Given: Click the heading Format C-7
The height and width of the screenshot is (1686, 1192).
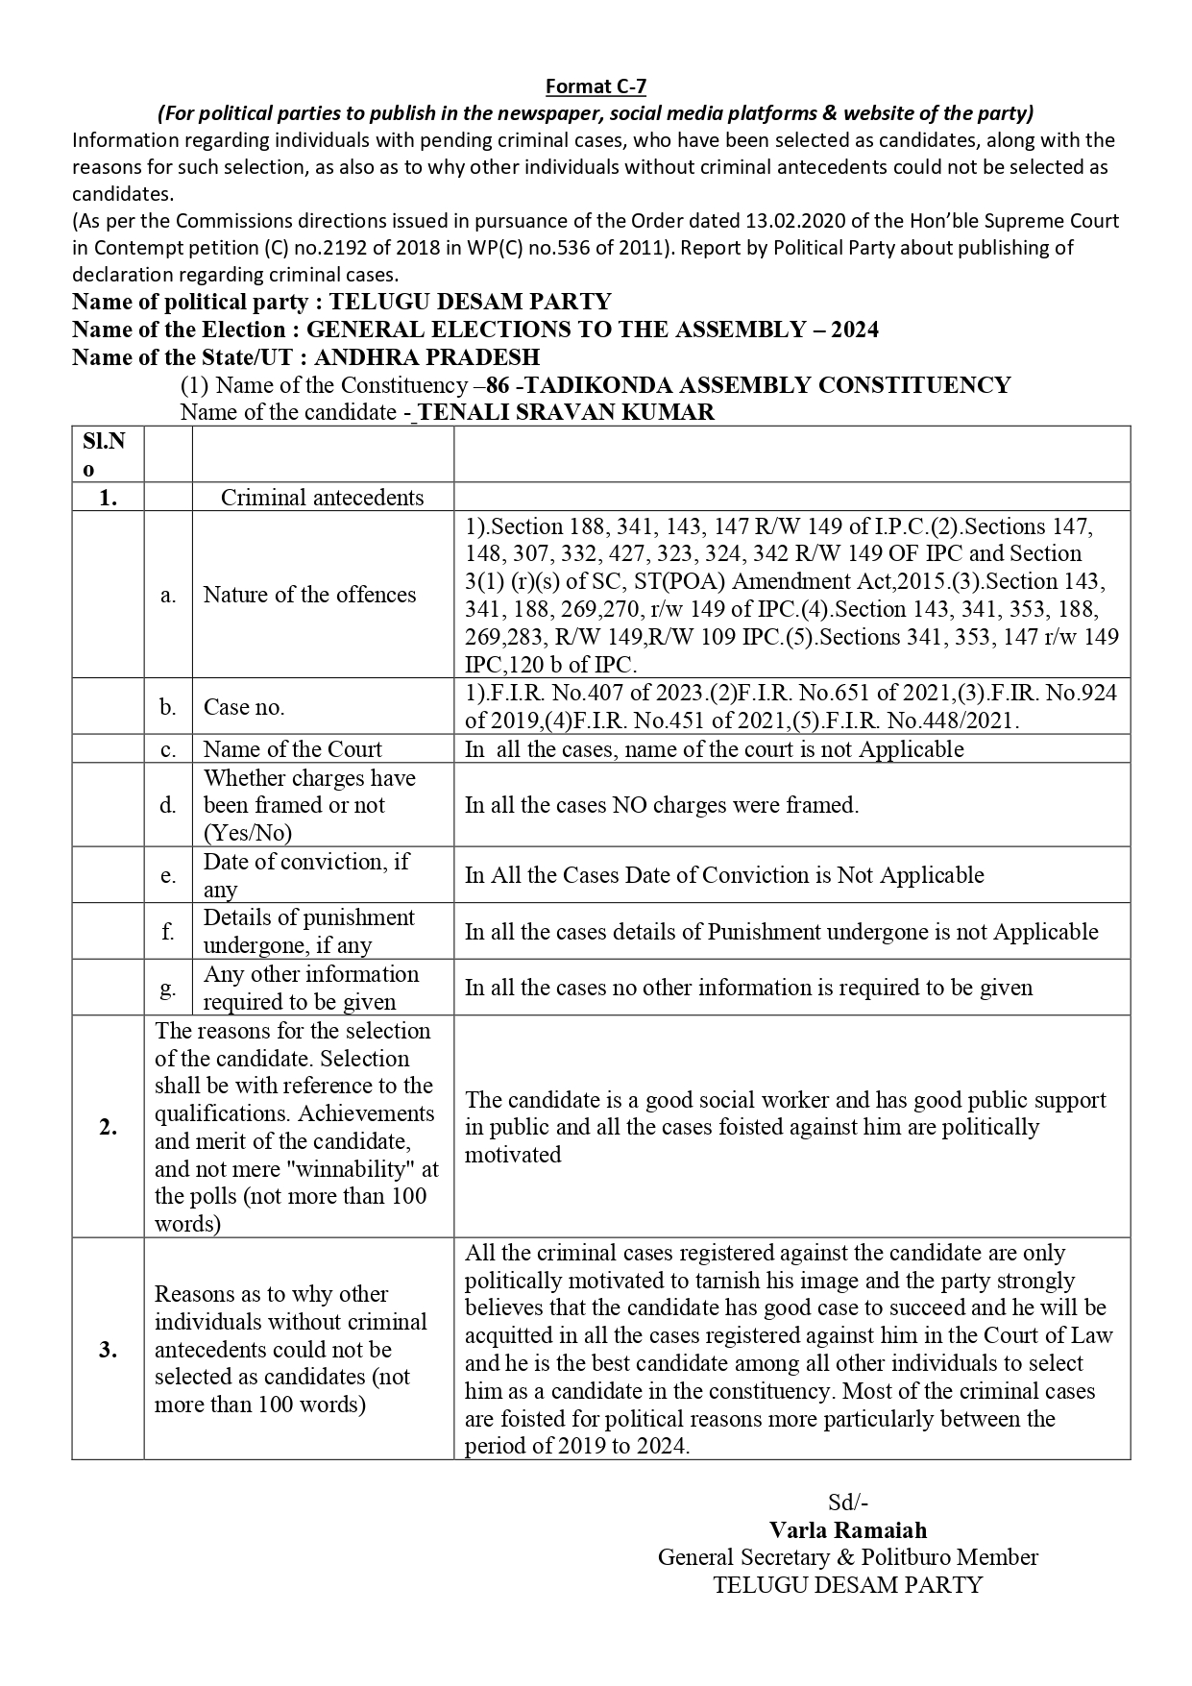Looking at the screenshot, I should coord(596,86).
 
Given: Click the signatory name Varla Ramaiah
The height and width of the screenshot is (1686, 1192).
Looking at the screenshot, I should coord(847,1530).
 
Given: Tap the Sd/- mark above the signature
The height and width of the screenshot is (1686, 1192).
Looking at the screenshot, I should coord(848,1503).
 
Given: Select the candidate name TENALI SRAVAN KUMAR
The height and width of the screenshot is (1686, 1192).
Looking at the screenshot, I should coord(567,412).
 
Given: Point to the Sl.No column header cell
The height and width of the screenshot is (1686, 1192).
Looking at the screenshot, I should coord(108,454).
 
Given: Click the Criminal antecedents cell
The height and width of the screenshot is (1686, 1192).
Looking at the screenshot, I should coord(322,498).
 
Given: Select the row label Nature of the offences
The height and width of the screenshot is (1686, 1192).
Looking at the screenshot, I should coord(309,595).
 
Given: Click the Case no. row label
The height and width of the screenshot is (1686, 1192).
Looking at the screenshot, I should coord(244,707).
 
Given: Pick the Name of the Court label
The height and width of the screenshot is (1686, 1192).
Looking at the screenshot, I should coord(292,749).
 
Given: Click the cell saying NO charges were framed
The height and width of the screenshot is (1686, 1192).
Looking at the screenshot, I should coord(662,805).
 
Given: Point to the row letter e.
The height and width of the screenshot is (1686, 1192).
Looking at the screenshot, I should coord(168,875).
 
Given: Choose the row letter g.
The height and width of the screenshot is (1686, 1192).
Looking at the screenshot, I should coord(168,988).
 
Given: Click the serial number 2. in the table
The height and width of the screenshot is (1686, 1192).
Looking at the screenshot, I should coord(108,1127).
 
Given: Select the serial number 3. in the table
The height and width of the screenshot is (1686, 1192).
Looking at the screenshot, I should coord(108,1349).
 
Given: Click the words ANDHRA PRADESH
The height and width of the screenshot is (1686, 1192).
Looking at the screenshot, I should coord(426,357).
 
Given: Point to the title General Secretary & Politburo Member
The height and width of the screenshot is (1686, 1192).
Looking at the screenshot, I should coord(847,1557).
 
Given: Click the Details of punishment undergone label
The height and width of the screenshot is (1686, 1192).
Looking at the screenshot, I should coord(308,931).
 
